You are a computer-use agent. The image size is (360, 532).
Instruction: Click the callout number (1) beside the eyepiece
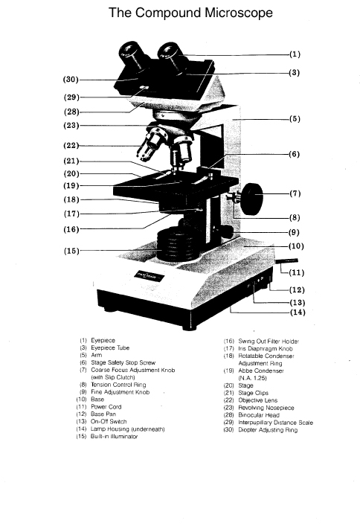(x=295, y=54)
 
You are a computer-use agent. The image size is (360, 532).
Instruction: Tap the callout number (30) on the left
(x=71, y=80)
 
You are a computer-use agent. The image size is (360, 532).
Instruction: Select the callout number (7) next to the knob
(x=295, y=193)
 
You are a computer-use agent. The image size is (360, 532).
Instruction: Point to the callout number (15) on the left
(x=71, y=251)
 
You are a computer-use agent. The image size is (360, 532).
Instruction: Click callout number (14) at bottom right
(x=298, y=313)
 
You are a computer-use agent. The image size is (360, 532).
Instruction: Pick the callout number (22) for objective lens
(x=71, y=146)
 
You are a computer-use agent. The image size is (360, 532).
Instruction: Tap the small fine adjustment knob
(x=227, y=232)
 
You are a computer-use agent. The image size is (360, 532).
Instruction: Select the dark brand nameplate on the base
(x=149, y=276)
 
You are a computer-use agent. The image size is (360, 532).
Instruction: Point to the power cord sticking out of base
(x=286, y=261)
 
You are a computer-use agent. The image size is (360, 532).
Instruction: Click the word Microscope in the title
(x=238, y=13)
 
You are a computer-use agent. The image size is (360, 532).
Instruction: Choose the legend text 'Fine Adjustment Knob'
(x=120, y=392)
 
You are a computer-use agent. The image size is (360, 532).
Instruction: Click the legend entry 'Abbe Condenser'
(x=261, y=371)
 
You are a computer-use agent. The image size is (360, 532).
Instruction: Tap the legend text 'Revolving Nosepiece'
(x=266, y=408)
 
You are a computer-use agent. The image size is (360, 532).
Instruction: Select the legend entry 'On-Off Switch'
(x=109, y=422)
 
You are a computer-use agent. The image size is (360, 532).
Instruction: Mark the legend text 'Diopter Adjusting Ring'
(x=268, y=430)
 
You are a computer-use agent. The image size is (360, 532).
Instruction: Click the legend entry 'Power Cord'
(x=106, y=407)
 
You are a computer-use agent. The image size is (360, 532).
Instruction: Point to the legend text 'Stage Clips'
(x=253, y=393)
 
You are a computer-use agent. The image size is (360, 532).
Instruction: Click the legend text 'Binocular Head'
(x=259, y=415)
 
